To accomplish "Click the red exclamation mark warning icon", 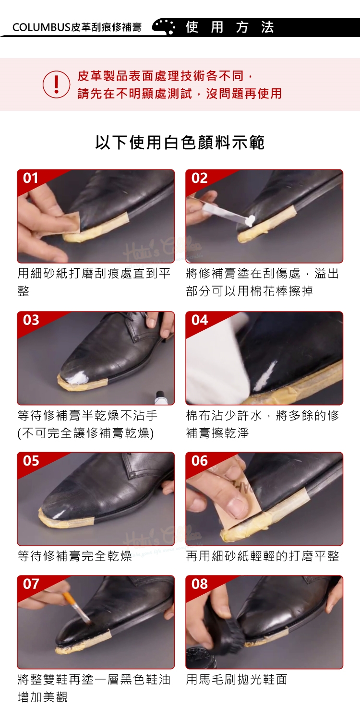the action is click(x=56, y=84).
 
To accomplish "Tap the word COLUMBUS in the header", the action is click(x=41, y=27).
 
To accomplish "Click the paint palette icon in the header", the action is click(x=164, y=27).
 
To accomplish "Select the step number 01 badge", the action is click(x=31, y=178).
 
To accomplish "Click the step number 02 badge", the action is click(x=199, y=178).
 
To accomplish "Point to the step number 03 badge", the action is click(x=31, y=320).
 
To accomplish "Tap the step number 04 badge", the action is click(x=200, y=320).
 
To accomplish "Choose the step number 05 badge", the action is click(x=31, y=461).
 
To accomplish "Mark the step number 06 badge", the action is click(x=200, y=461).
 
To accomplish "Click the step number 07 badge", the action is click(x=31, y=584).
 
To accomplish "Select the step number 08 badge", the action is click(x=200, y=584).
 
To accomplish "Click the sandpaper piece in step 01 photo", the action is click(x=69, y=222).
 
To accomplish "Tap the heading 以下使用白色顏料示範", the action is click(x=180, y=143).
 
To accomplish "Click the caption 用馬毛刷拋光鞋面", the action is click(x=237, y=679).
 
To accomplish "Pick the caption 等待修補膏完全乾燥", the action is click(x=74, y=556).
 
